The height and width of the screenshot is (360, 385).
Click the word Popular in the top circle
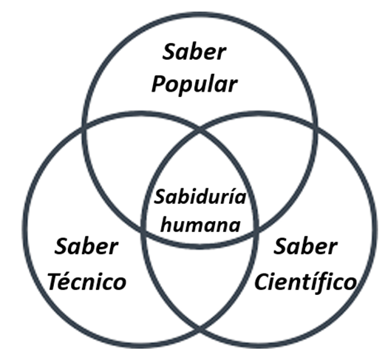point(194,85)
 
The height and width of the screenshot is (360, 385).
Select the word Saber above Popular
point(194,51)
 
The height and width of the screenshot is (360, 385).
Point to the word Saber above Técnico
point(86,246)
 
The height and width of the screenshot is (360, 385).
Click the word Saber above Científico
point(305,246)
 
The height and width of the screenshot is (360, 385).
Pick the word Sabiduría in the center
point(200,197)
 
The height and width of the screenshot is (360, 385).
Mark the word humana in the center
point(200,225)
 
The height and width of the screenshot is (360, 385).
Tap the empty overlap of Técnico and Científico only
point(200,283)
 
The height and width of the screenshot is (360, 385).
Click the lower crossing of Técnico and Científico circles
point(200,329)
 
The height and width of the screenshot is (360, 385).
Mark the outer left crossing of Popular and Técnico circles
point(84,128)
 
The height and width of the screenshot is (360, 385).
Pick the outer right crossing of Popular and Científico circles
point(315,128)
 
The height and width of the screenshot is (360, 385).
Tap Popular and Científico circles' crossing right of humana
point(256,231)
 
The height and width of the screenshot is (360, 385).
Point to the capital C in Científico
point(262,282)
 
